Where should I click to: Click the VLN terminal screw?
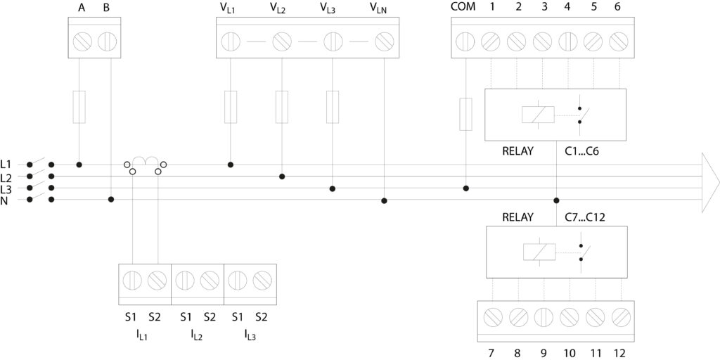pyautogui.click(x=384, y=41)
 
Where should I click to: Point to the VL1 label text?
pyautogui.click(x=227, y=8)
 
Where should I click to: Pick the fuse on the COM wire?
pyautogui.click(x=465, y=115)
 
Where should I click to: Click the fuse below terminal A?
pyautogui.click(x=79, y=106)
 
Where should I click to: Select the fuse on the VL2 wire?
pyautogui.click(x=282, y=106)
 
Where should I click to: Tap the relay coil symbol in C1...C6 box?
pyautogui.click(x=538, y=115)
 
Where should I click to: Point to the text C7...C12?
pyautogui.click(x=585, y=217)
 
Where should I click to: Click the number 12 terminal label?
pyautogui.click(x=619, y=352)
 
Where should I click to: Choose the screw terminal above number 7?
pyautogui.click(x=493, y=316)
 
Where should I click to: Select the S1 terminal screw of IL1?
pyautogui.click(x=132, y=281)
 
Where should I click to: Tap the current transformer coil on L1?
pyautogui.click(x=145, y=162)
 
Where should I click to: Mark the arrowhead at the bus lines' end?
pyautogui.click(x=709, y=182)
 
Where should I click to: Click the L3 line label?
pyautogui.click(x=6, y=189)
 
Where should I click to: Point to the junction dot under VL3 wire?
pyautogui.click(x=333, y=188)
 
